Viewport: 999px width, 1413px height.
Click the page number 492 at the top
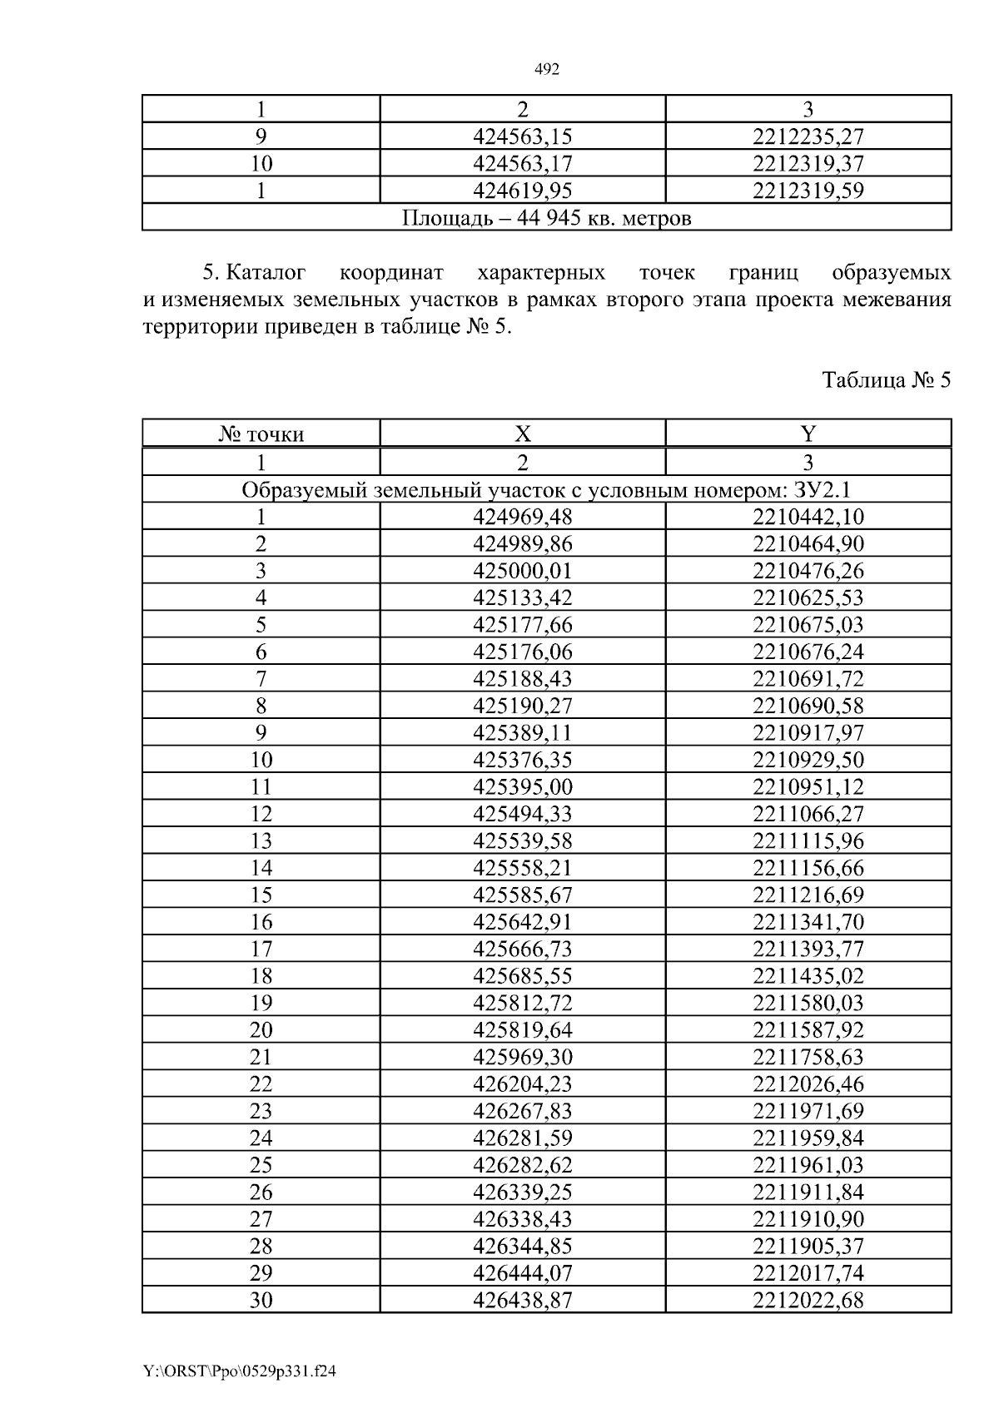pos(545,70)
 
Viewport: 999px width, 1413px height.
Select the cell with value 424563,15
pos(523,136)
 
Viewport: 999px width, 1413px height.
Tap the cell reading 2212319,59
pos(808,191)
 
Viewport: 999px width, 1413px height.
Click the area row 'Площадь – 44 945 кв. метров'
pos(546,218)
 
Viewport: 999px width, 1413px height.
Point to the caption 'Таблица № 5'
pos(886,380)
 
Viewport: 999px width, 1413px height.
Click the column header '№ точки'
pos(261,434)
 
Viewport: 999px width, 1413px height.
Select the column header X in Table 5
pos(523,434)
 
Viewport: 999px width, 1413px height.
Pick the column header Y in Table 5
pos(808,434)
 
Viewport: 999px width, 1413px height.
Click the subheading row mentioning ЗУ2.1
pos(546,489)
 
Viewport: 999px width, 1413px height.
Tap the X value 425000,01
pos(523,571)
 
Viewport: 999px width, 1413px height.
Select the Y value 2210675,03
pos(808,624)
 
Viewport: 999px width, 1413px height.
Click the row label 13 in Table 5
pos(261,840)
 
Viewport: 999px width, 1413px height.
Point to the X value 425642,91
pos(523,922)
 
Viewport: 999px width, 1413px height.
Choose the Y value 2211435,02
pos(808,975)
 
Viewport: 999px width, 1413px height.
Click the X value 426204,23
pos(523,1083)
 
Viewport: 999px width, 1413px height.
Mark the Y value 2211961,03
pos(808,1164)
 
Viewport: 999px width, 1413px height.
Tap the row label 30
pos(261,1300)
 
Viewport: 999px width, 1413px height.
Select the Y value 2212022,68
pos(808,1300)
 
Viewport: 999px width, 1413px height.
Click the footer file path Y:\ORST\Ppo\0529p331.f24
pos(239,1371)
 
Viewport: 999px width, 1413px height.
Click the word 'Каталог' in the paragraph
pos(266,273)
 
